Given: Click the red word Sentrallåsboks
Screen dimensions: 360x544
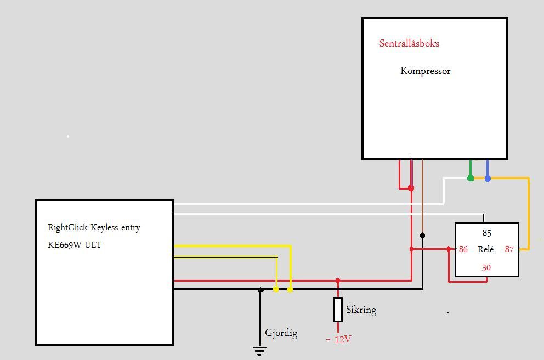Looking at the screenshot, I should [x=409, y=43].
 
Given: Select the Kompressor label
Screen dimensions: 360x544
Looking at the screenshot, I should [x=425, y=71].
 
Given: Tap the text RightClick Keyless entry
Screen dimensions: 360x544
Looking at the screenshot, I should [x=94, y=227].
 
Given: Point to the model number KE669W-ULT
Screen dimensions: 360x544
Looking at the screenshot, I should [x=75, y=244].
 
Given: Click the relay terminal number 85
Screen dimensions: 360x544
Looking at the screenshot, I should [x=486, y=233].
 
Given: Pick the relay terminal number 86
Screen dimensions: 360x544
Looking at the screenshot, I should [x=463, y=249].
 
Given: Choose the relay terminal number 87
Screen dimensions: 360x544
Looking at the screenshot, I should [x=509, y=249].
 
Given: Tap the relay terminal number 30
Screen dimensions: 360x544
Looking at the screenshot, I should [x=486, y=267].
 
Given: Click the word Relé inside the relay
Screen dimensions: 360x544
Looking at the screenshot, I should [x=486, y=249].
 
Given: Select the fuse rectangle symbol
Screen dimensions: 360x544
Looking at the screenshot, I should [x=338, y=310].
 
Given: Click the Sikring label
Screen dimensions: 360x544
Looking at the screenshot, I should [x=361, y=310].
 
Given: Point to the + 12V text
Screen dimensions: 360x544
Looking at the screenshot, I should [x=338, y=339].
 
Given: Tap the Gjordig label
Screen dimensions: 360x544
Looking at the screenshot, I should [x=281, y=333].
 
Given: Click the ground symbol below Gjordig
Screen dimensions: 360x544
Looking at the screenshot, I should [x=259, y=351].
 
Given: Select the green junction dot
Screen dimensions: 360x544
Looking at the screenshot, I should [x=470, y=178].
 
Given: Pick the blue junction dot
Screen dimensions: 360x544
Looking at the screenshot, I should [x=488, y=178].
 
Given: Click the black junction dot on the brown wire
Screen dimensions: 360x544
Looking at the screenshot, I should [x=422, y=236].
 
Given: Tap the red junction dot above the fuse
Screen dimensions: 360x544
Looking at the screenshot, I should [x=338, y=281].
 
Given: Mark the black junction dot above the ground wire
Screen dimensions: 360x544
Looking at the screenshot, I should [x=260, y=289].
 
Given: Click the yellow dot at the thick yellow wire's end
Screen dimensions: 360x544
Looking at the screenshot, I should [x=290, y=289].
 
